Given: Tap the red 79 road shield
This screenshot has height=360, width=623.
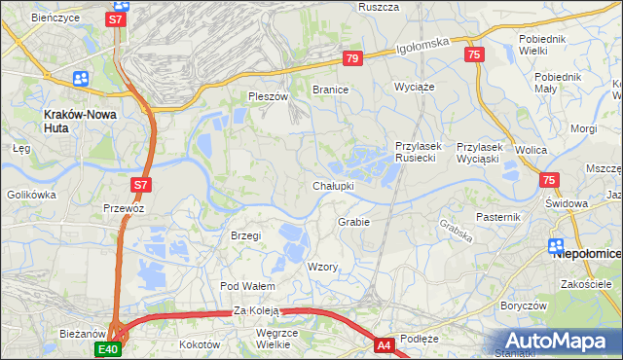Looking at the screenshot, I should pyautogui.click(x=352, y=59).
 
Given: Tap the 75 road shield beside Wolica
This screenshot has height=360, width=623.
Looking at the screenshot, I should pyautogui.click(x=549, y=180).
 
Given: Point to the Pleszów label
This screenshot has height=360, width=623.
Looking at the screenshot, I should pyautogui.click(x=269, y=97).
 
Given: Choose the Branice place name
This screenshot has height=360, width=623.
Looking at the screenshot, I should pyautogui.click(x=330, y=90).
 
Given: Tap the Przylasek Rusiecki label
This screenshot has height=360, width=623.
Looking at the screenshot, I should pyautogui.click(x=419, y=152).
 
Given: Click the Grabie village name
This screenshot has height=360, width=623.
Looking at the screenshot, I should pyautogui.click(x=353, y=222).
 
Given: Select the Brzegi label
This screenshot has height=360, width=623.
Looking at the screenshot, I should pyautogui.click(x=245, y=235).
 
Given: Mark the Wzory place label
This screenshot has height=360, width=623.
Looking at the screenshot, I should pyautogui.click(x=322, y=267).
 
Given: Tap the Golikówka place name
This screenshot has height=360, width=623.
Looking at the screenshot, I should pyautogui.click(x=32, y=195).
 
